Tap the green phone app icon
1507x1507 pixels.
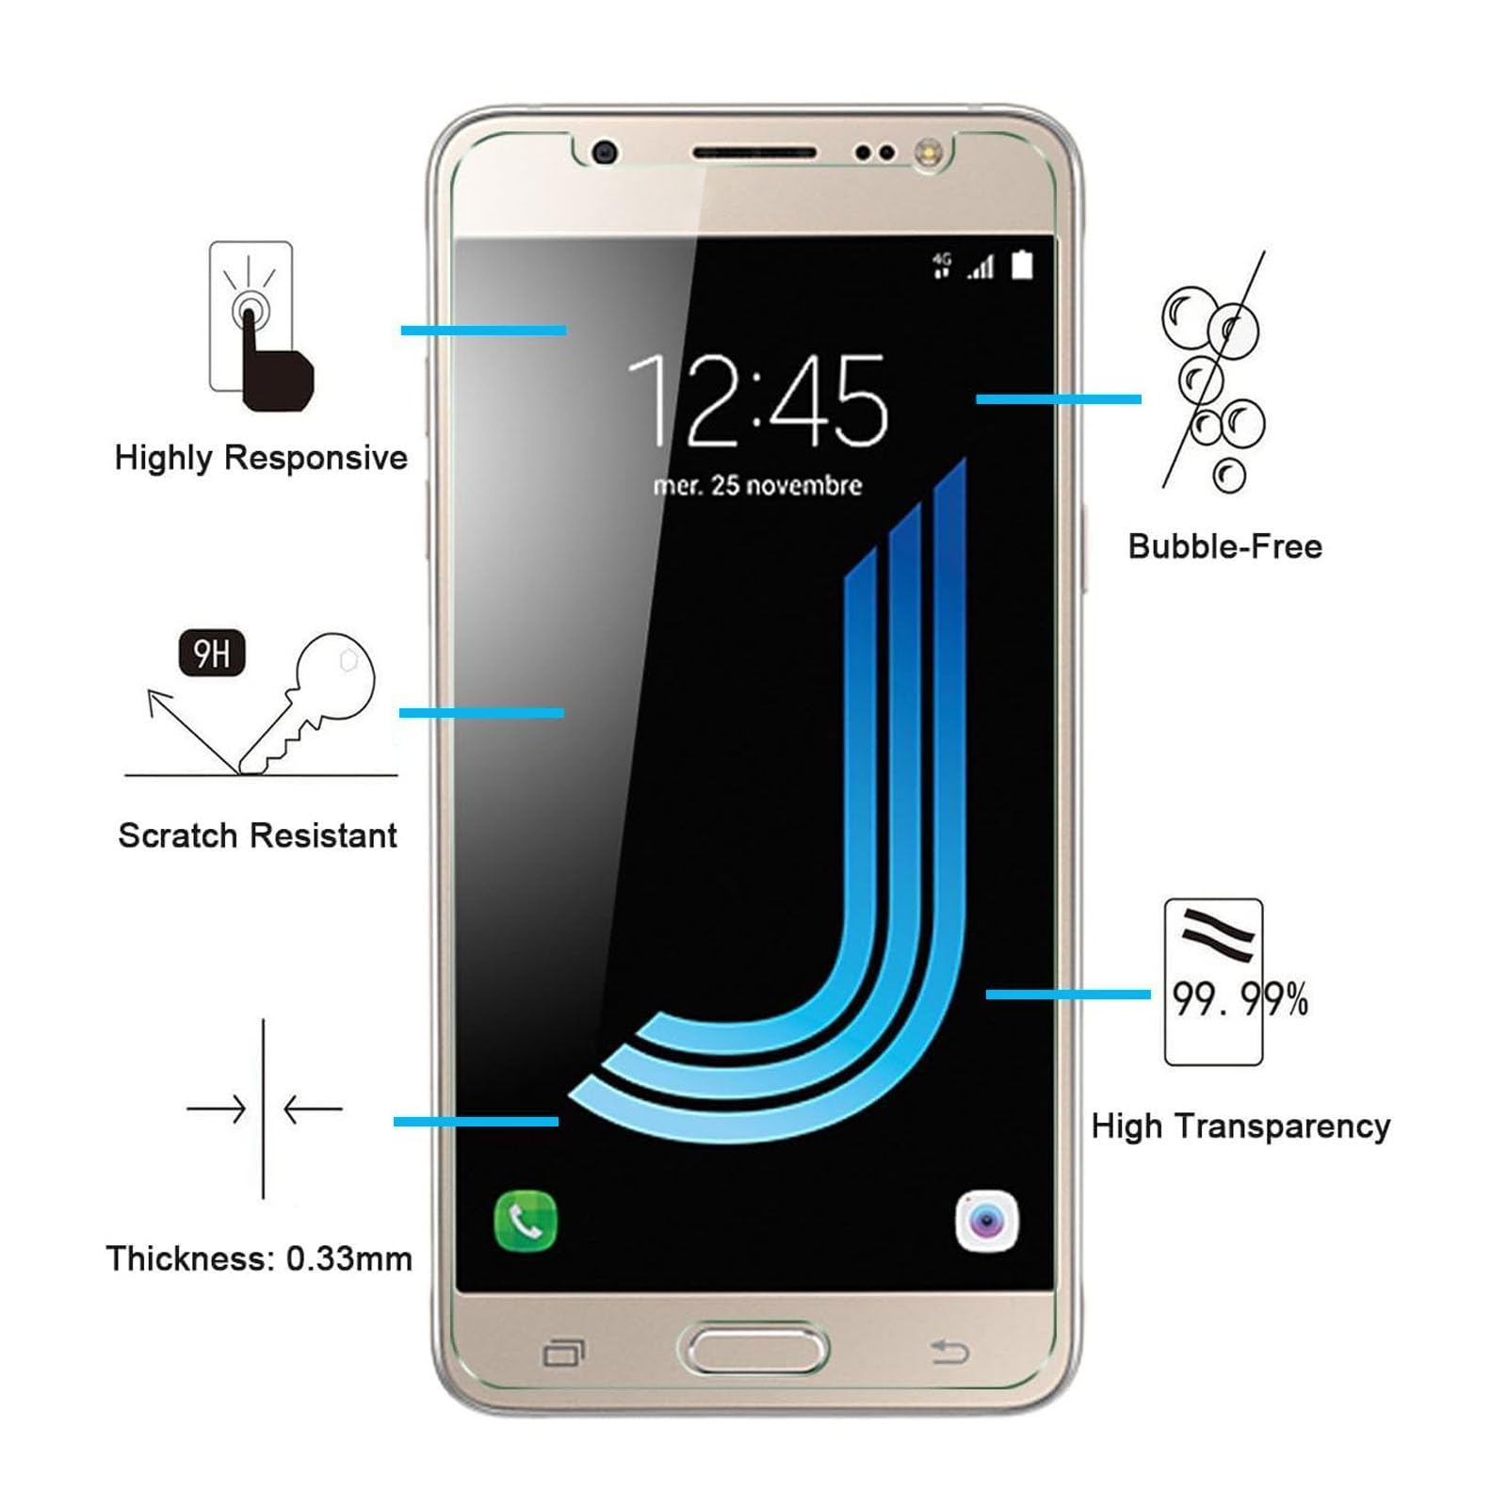pyautogui.click(x=526, y=1222)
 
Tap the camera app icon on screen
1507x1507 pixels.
pyautogui.click(x=986, y=1222)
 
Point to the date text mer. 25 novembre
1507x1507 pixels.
pyautogui.click(x=757, y=485)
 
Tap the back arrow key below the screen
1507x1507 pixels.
pyautogui.click(x=949, y=1353)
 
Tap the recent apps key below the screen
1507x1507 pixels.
pyautogui.click(x=563, y=1353)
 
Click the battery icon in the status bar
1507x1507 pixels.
pyautogui.click(x=1022, y=266)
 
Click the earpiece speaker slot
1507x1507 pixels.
pyautogui.click(x=754, y=153)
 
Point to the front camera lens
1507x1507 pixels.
pyautogui.click(x=605, y=152)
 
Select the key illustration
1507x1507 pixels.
pyautogui.click(x=307, y=703)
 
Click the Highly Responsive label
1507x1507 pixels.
pyautogui.click(x=261, y=458)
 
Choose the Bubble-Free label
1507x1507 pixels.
pyautogui.click(x=1225, y=546)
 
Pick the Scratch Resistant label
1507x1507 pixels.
pyautogui.click(x=257, y=835)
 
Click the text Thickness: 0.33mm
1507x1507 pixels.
pyautogui.click(x=259, y=1258)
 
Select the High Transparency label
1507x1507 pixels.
pyautogui.click(x=1240, y=1126)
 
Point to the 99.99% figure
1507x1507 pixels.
pyautogui.click(x=1240, y=999)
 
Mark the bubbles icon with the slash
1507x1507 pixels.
pyautogui.click(x=1213, y=371)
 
